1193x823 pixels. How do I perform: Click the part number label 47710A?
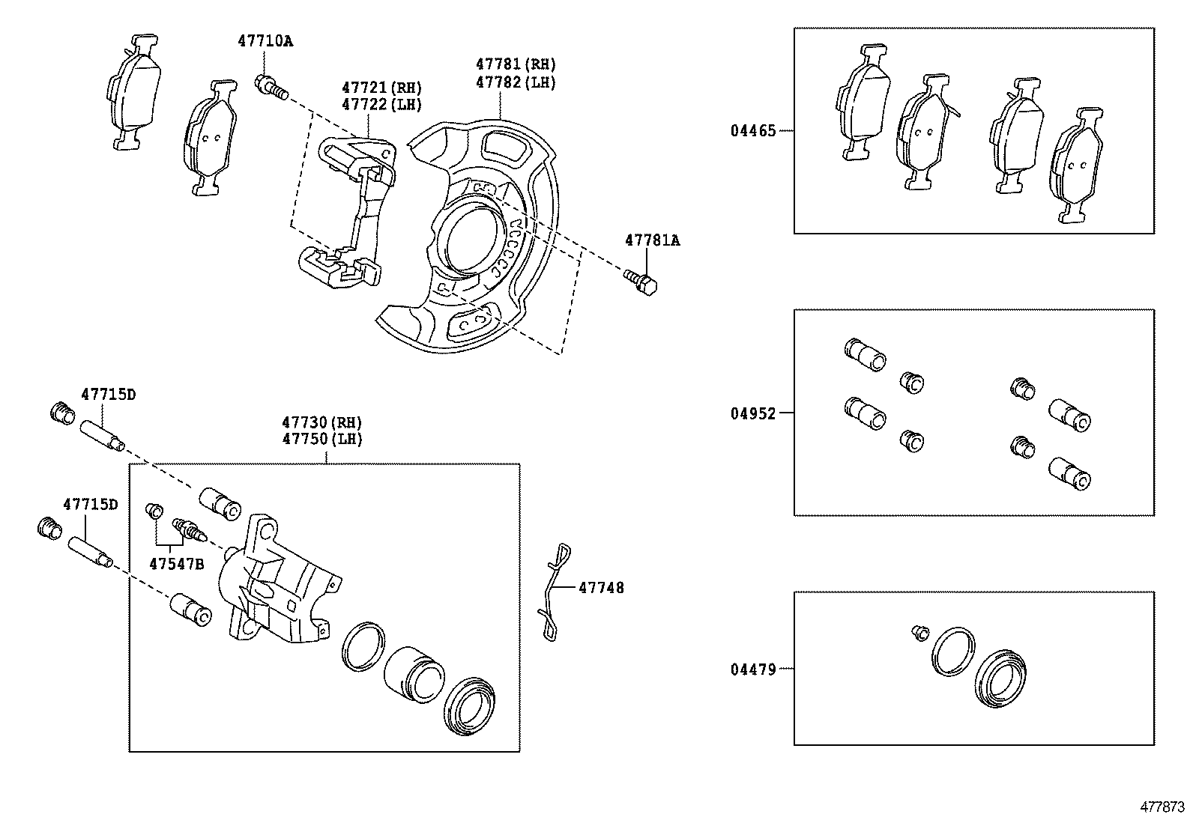coord(265,41)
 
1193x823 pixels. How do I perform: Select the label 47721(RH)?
coord(381,88)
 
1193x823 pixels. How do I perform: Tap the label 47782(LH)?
coord(516,82)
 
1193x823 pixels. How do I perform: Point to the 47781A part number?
coord(653,240)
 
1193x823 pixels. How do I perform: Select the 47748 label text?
coord(601,588)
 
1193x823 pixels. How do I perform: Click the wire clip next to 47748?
coord(553,592)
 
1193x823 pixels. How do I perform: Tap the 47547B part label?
coord(175,564)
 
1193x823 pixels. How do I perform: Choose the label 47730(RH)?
coord(322,422)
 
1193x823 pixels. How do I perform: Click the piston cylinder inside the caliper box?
coord(412,673)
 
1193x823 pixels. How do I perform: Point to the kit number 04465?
coord(753,130)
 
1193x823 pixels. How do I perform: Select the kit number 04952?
coord(753,413)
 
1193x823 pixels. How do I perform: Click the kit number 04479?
coord(753,669)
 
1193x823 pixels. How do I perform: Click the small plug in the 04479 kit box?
coord(920,633)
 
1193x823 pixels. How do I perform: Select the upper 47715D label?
coord(108,394)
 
